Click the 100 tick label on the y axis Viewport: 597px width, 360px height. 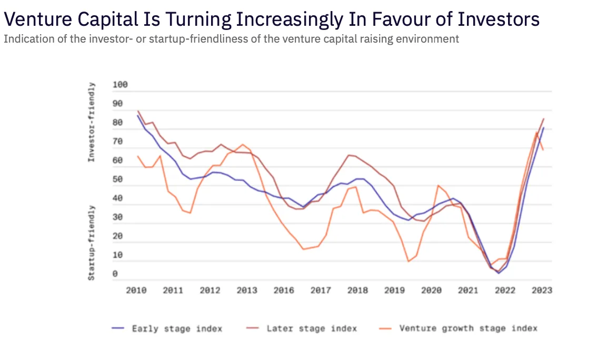[x=121, y=85]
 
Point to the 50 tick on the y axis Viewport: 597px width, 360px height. [x=118, y=179]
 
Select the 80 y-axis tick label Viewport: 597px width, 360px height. [x=118, y=123]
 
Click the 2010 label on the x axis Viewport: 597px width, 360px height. [x=136, y=291]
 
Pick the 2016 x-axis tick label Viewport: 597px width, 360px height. [x=284, y=291]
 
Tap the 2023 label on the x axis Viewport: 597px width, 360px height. [x=542, y=291]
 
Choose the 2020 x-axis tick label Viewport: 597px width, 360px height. [x=431, y=291]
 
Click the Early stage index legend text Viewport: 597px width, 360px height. [x=177, y=328]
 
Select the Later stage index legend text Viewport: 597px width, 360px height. [x=312, y=328]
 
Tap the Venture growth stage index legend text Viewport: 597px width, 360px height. [x=468, y=328]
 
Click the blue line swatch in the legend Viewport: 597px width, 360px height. [x=118, y=328]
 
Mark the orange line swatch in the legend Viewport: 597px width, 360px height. [x=386, y=328]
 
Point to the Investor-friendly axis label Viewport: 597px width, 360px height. [x=92, y=122]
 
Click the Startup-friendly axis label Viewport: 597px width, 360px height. [x=92, y=243]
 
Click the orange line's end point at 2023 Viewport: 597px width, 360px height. [x=543, y=150]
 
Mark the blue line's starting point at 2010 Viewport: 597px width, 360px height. [x=138, y=115]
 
